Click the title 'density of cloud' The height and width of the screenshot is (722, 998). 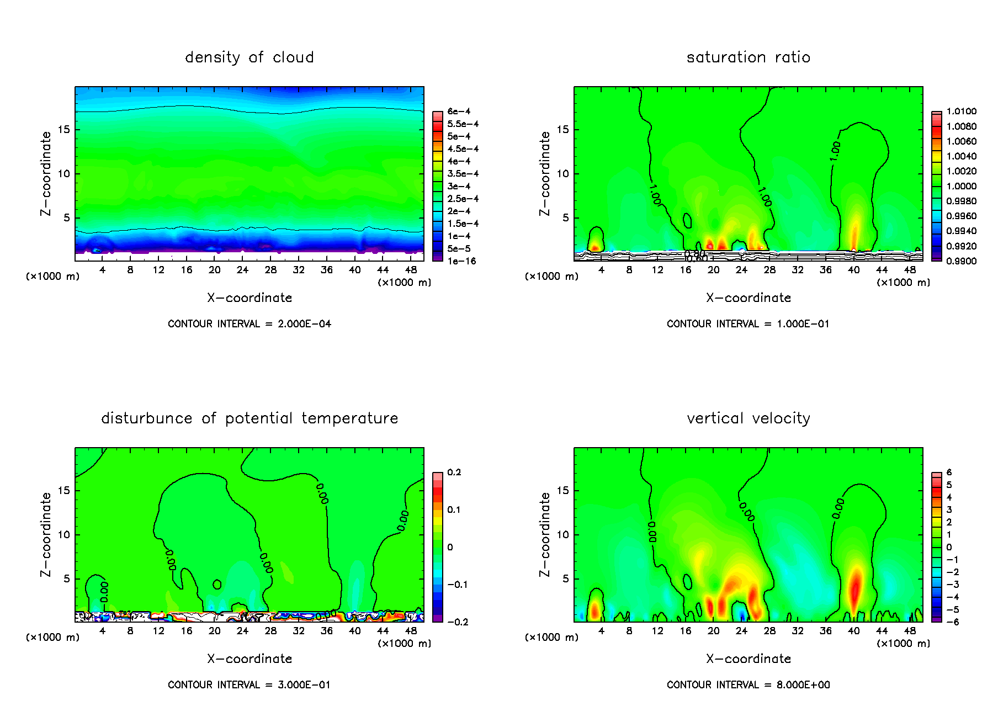(249, 57)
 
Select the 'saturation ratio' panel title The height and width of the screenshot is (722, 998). (748, 57)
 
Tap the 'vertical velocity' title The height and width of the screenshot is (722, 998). (748, 418)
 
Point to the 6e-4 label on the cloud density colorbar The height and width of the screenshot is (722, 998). (459, 112)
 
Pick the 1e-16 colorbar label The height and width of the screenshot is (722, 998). (461, 261)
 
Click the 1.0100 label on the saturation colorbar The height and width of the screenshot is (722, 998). (961, 112)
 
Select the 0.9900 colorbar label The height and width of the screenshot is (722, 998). (961, 261)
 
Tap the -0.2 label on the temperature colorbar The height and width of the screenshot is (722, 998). (458, 622)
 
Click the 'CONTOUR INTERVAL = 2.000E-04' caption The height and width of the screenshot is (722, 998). (250, 324)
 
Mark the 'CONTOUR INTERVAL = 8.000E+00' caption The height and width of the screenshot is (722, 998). (748, 685)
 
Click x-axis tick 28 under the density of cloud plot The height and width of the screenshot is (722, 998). (270, 270)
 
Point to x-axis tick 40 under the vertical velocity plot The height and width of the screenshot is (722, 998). (853, 631)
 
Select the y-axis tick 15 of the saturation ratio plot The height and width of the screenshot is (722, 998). (562, 130)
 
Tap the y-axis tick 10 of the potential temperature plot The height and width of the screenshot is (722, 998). (63, 535)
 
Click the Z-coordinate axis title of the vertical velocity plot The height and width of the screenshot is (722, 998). (545, 534)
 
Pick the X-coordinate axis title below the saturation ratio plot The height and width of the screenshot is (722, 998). (748, 298)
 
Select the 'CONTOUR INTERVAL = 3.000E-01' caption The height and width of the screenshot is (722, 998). (250, 685)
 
